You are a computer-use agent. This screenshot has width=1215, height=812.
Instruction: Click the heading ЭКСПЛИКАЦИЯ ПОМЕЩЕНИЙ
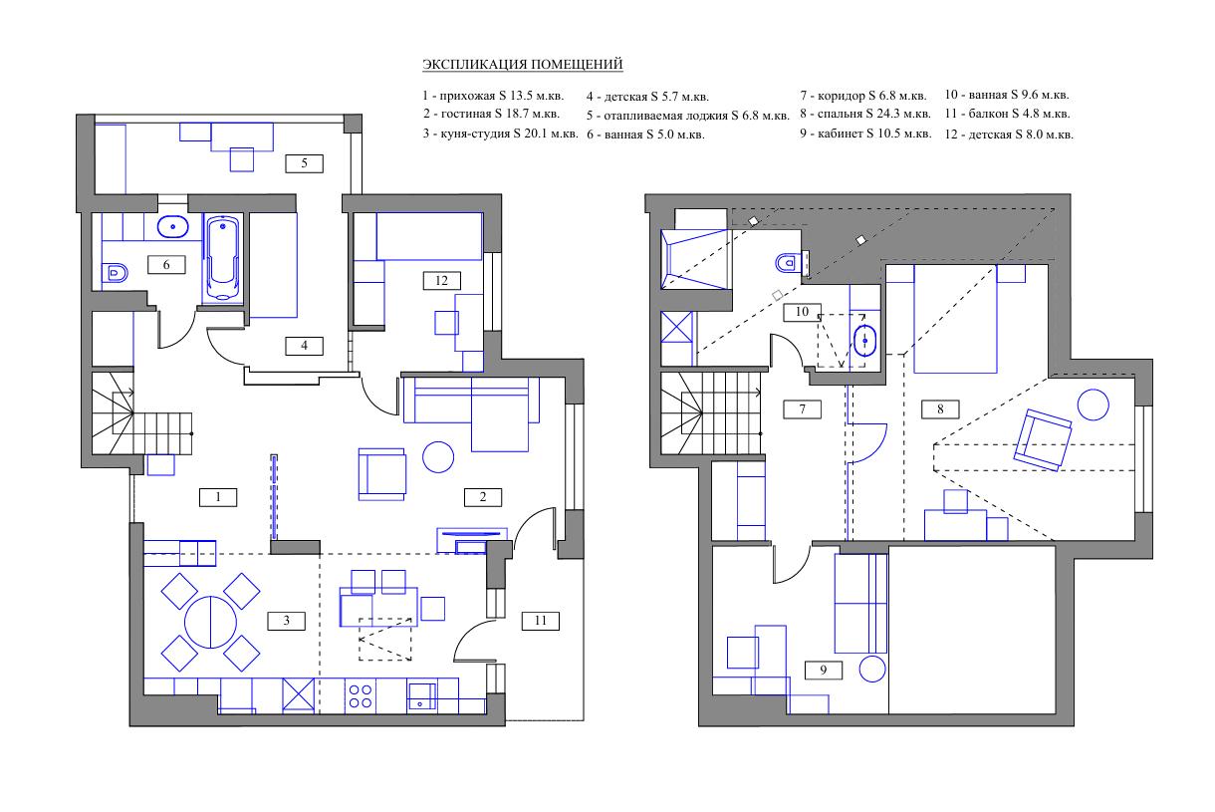click(x=522, y=64)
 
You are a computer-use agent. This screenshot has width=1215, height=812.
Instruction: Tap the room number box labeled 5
click(x=305, y=163)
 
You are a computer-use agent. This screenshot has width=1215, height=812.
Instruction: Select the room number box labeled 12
click(x=442, y=281)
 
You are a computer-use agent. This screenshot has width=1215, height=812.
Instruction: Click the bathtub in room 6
click(x=222, y=258)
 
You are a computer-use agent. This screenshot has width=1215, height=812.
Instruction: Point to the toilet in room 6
click(x=115, y=272)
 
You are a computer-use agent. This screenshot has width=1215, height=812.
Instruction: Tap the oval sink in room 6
click(x=173, y=227)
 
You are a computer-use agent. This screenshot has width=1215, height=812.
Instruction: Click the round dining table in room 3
click(x=210, y=622)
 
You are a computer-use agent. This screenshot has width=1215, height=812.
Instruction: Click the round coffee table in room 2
click(x=438, y=457)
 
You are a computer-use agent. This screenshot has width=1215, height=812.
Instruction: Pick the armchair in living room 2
click(x=381, y=474)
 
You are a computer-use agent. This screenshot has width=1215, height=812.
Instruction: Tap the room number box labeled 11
click(x=540, y=621)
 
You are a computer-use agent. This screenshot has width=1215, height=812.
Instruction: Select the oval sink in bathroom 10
click(x=864, y=341)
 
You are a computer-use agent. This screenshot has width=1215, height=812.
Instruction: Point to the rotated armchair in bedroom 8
click(x=1043, y=440)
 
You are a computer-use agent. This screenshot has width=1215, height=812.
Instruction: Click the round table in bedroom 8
click(x=1093, y=405)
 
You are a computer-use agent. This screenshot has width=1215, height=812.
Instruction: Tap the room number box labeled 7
click(x=803, y=409)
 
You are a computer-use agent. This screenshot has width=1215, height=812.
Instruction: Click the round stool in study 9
click(x=872, y=669)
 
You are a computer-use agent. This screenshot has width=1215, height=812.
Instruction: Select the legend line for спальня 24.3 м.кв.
click(x=865, y=114)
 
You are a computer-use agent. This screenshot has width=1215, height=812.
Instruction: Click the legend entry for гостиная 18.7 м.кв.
click(x=491, y=114)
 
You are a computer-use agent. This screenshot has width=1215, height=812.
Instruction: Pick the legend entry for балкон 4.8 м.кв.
click(x=1007, y=114)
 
